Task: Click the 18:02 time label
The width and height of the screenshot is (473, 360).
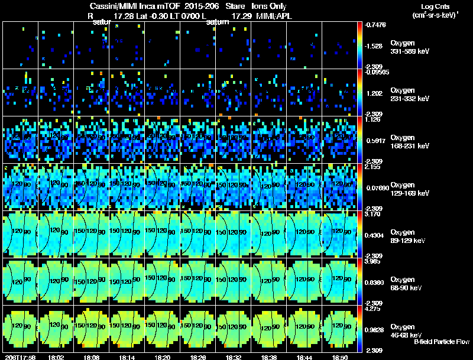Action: (56, 357)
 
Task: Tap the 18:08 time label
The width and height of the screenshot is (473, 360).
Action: (92, 357)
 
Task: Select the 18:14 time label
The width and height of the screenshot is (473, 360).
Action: (127, 357)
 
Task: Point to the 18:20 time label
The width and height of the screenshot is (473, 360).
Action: (163, 357)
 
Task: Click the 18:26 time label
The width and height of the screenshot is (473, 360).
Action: (198, 357)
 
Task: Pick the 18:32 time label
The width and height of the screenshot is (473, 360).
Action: (234, 357)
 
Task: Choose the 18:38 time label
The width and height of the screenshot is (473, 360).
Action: (269, 357)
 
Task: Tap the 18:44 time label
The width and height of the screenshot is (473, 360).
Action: (304, 357)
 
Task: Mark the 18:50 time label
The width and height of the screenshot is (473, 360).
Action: (340, 357)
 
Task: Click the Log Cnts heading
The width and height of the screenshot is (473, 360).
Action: (438, 7)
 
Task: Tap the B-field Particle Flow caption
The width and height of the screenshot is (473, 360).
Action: (441, 342)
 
